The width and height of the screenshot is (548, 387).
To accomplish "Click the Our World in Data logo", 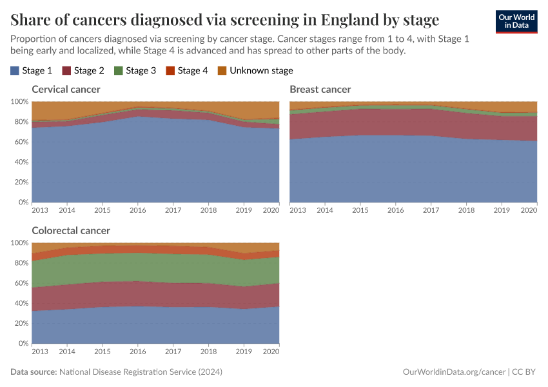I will tap(516, 21).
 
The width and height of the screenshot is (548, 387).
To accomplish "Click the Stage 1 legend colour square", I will tap(15, 71).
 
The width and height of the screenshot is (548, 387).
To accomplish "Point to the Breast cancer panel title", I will tap(320, 89).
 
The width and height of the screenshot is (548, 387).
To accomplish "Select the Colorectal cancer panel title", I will tap(71, 230).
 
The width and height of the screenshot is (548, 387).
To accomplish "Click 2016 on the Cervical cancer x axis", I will tap(138, 210).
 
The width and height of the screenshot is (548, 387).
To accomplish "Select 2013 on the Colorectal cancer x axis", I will tap(39, 352).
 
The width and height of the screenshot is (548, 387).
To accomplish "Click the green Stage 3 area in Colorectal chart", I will tap(155, 266).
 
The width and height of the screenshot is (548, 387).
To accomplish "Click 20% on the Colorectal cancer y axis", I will tap(20, 323).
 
